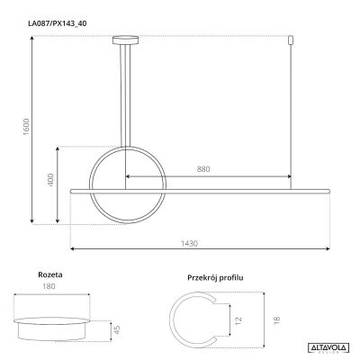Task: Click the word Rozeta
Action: pyautogui.click(x=50, y=276)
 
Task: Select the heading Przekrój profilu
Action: pyautogui.click(x=216, y=280)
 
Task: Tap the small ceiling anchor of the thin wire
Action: pyautogui.click(x=291, y=40)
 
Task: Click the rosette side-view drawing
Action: pyautogui.click(x=52, y=322)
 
